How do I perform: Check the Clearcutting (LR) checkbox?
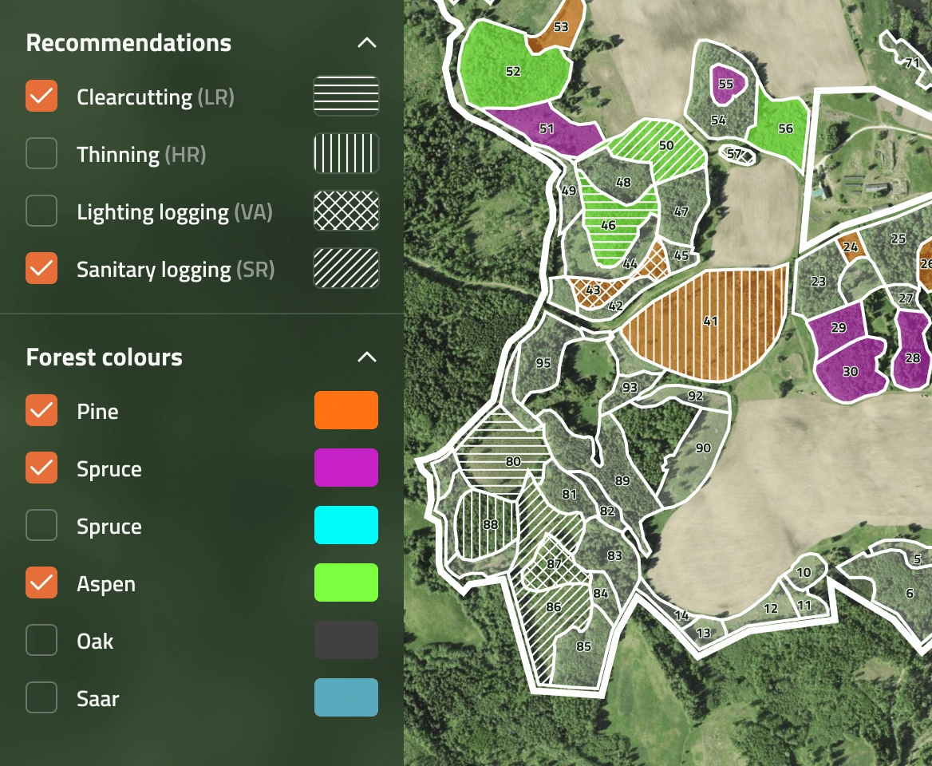pyautogui.click(x=41, y=97)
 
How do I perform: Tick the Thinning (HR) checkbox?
pyautogui.click(x=41, y=154)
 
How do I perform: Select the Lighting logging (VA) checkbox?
pyautogui.click(x=41, y=211)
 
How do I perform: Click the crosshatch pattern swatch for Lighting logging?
pyautogui.click(x=346, y=211)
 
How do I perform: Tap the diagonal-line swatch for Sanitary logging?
pyautogui.click(x=346, y=269)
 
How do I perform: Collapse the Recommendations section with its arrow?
pyautogui.click(x=366, y=43)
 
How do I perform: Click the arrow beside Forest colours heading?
pyautogui.click(x=366, y=357)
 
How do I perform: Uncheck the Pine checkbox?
pyautogui.click(x=41, y=411)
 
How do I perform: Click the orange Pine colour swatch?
pyautogui.click(x=346, y=411)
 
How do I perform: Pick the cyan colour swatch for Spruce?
pyautogui.click(x=346, y=526)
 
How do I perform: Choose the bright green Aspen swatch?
pyautogui.click(x=346, y=583)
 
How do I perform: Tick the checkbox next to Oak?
pyautogui.click(x=41, y=641)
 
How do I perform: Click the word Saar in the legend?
pyautogui.click(x=97, y=699)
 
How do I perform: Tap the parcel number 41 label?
pyautogui.click(x=710, y=322)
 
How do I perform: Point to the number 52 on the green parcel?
pyautogui.click(x=513, y=72)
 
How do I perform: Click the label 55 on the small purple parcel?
pyautogui.click(x=725, y=84)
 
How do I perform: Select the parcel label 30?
pyautogui.click(x=850, y=372)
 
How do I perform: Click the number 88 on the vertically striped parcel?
pyautogui.click(x=490, y=525)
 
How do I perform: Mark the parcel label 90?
pyautogui.click(x=703, y=448)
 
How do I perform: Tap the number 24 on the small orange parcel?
pyautogui.click(x=851, y=247)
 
